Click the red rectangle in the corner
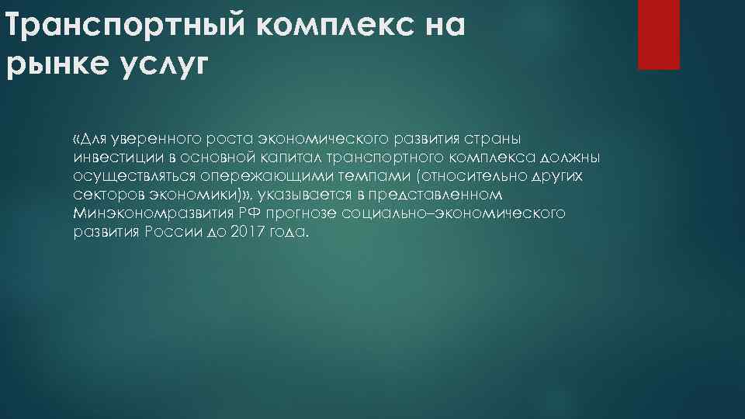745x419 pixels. tap(658, 34)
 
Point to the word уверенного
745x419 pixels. tap(145, 139)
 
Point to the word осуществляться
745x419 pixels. tap(130, 176)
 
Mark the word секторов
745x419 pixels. tap(103, 195)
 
